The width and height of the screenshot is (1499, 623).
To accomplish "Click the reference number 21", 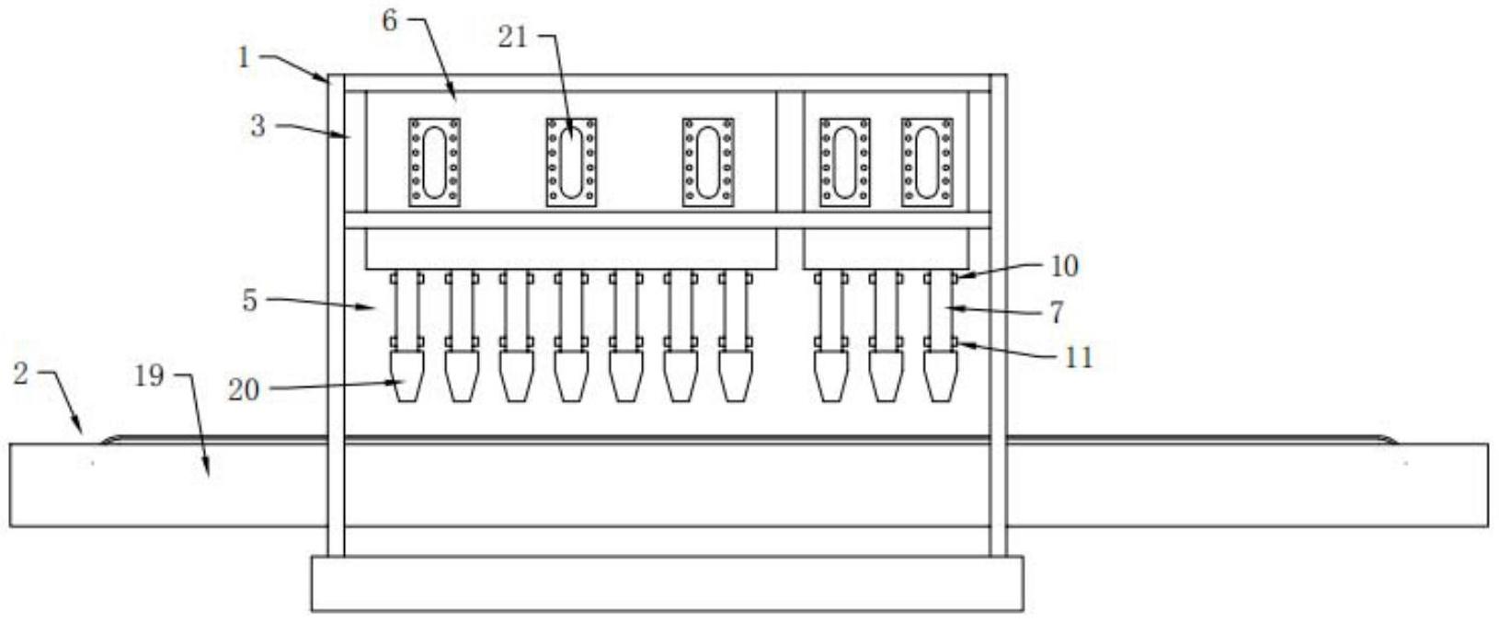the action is pyautogui.click(x=513, y=38).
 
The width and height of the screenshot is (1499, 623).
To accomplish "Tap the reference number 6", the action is pyautogui.click(x=390, y=21).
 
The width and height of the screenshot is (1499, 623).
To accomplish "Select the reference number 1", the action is pyautogui.click(x=244, y=58).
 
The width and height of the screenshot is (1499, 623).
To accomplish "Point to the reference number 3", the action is pyautogui.click(x=258, y=126).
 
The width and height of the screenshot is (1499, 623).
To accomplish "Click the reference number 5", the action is pyautogui.click(x=249, y=301).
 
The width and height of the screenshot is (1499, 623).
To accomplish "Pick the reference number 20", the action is pyautogui.click(x=244, y=390).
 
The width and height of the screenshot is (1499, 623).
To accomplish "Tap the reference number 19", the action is pyautogui.click(x=149, y=375).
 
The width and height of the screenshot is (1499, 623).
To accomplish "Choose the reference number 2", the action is pyautogui.click(x=21, y=373).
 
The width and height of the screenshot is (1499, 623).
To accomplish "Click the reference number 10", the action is pyautogui.click(x=1065, y=266).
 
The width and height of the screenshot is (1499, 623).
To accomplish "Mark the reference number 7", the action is pyautogui.click(x=1057, y=312).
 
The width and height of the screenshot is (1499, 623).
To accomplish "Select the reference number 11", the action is pyautogui.click(x=1079, y=358).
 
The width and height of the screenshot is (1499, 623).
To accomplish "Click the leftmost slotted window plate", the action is pyautogui.click(x=434, y=163).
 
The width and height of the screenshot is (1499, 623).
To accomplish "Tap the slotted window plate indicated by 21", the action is pyautogui.click(x=571, y=163).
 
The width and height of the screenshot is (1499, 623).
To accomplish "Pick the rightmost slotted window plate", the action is pyautogui.click(x=927, y=163).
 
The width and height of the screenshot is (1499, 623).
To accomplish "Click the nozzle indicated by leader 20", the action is pyautogui.click(x=406, y=376).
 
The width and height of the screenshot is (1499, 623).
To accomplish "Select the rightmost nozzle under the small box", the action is pyautogui.click(x=940, y=376).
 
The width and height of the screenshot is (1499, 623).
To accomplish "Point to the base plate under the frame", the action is pyautogui.click(x=667, y=583).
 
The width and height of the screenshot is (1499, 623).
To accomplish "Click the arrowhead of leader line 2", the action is pyautogui.click(x=80, y=430).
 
